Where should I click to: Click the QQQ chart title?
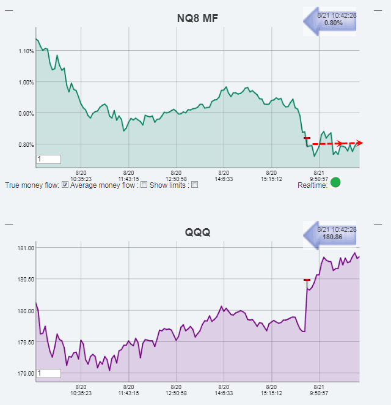point(197,232)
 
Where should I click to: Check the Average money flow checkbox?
point(144,185)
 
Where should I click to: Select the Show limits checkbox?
point(194,185)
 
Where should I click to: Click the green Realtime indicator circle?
point(335,182)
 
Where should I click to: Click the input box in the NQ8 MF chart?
point(49,159)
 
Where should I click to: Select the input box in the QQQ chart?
point(49,373)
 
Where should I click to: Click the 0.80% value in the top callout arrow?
point(334,23)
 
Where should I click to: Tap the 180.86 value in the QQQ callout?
point(334,236)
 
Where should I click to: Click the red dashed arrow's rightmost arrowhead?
point(360,143)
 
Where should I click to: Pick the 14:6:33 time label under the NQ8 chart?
point(224,179)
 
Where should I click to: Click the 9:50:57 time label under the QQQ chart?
point(318,393)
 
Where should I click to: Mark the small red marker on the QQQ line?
point(307,280)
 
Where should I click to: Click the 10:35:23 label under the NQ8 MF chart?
point(81,179)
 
